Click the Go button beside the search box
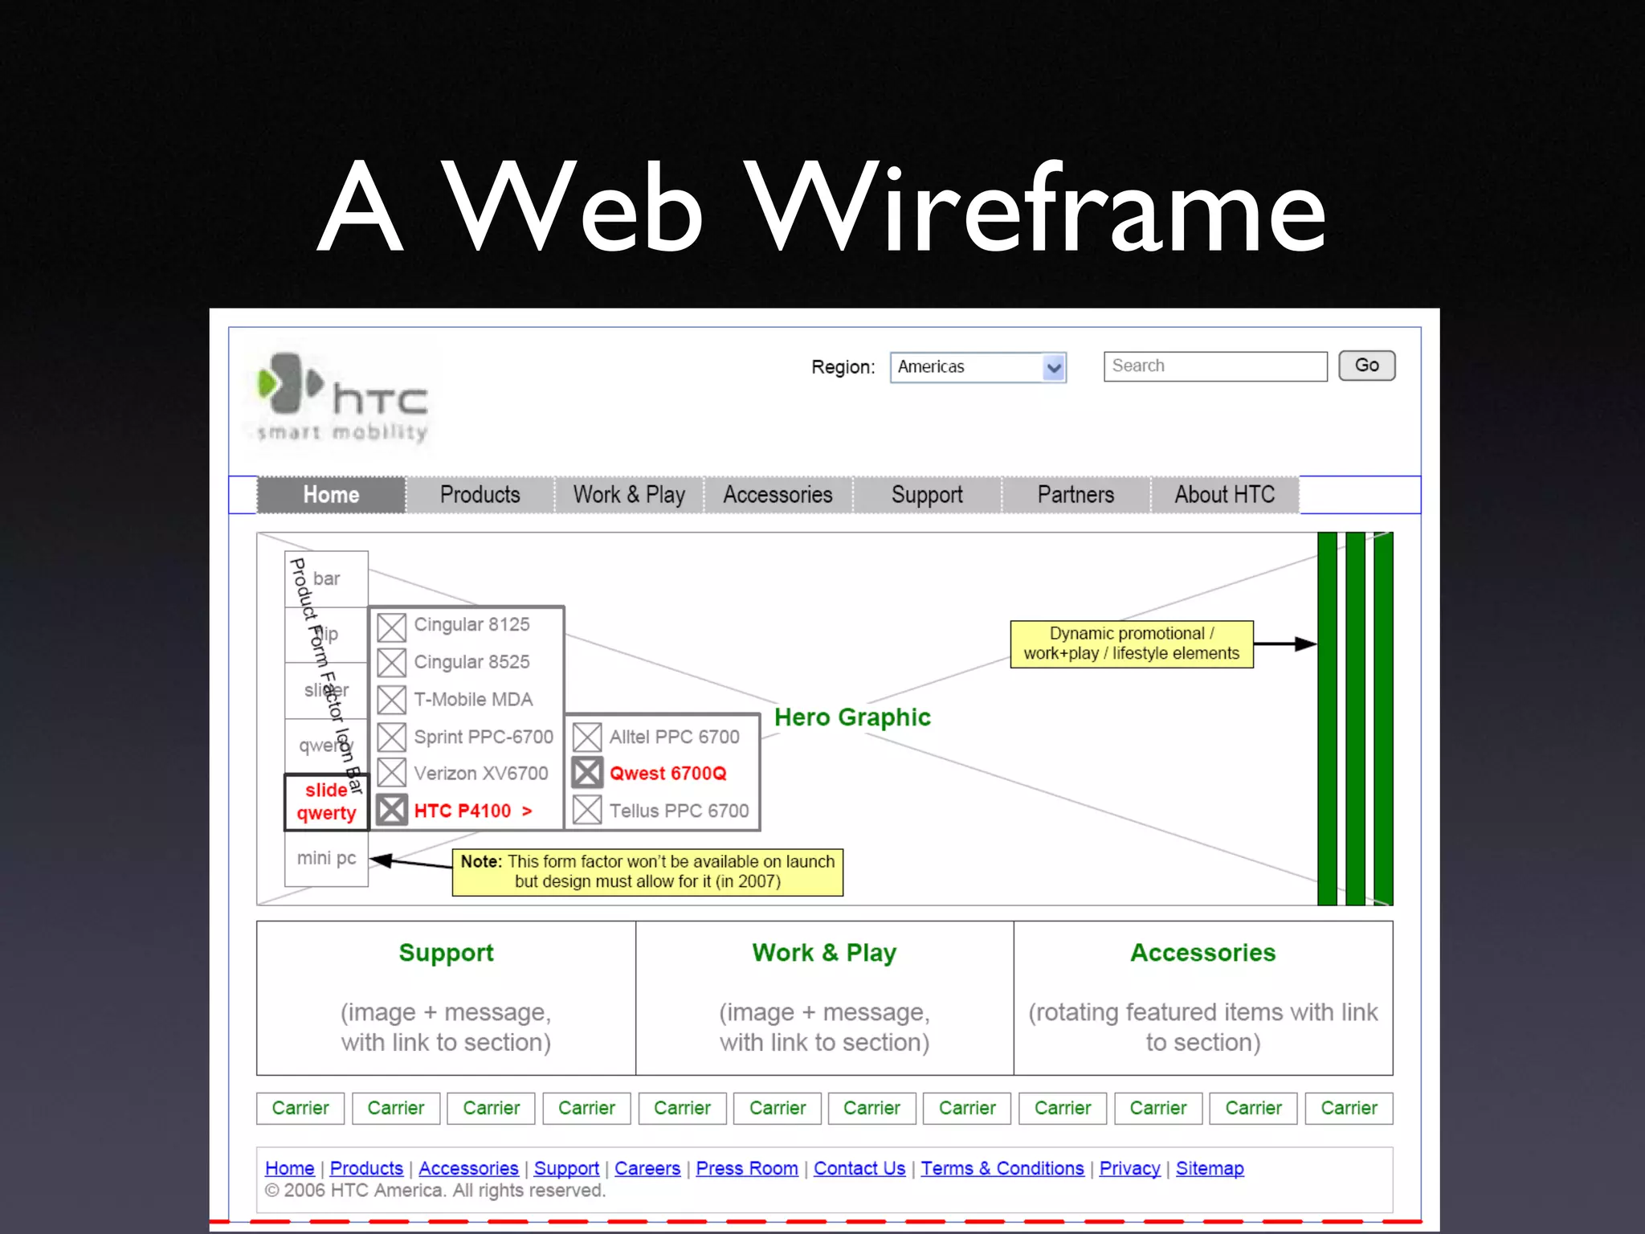coord(1366,366)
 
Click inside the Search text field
coord(1214,366)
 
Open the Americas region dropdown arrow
coord(1054,368)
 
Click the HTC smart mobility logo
coord(342,398)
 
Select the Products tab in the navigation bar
coord(480,495)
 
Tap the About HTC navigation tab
coord(1224,495)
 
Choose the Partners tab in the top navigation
coord(1076,495)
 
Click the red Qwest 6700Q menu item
coord(667,774)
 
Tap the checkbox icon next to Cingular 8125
coord(392,627)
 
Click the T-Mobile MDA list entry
coord(473,700)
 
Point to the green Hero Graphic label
coord(852,717)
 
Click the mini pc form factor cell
coord(326,858)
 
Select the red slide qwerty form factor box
coord(326,802)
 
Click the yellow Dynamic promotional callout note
coord(1131,644)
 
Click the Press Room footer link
coord(746,1168)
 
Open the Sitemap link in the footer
coord(1209,1168)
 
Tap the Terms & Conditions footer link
coord(1002,1168)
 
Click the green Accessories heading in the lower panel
coord(1202,953)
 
